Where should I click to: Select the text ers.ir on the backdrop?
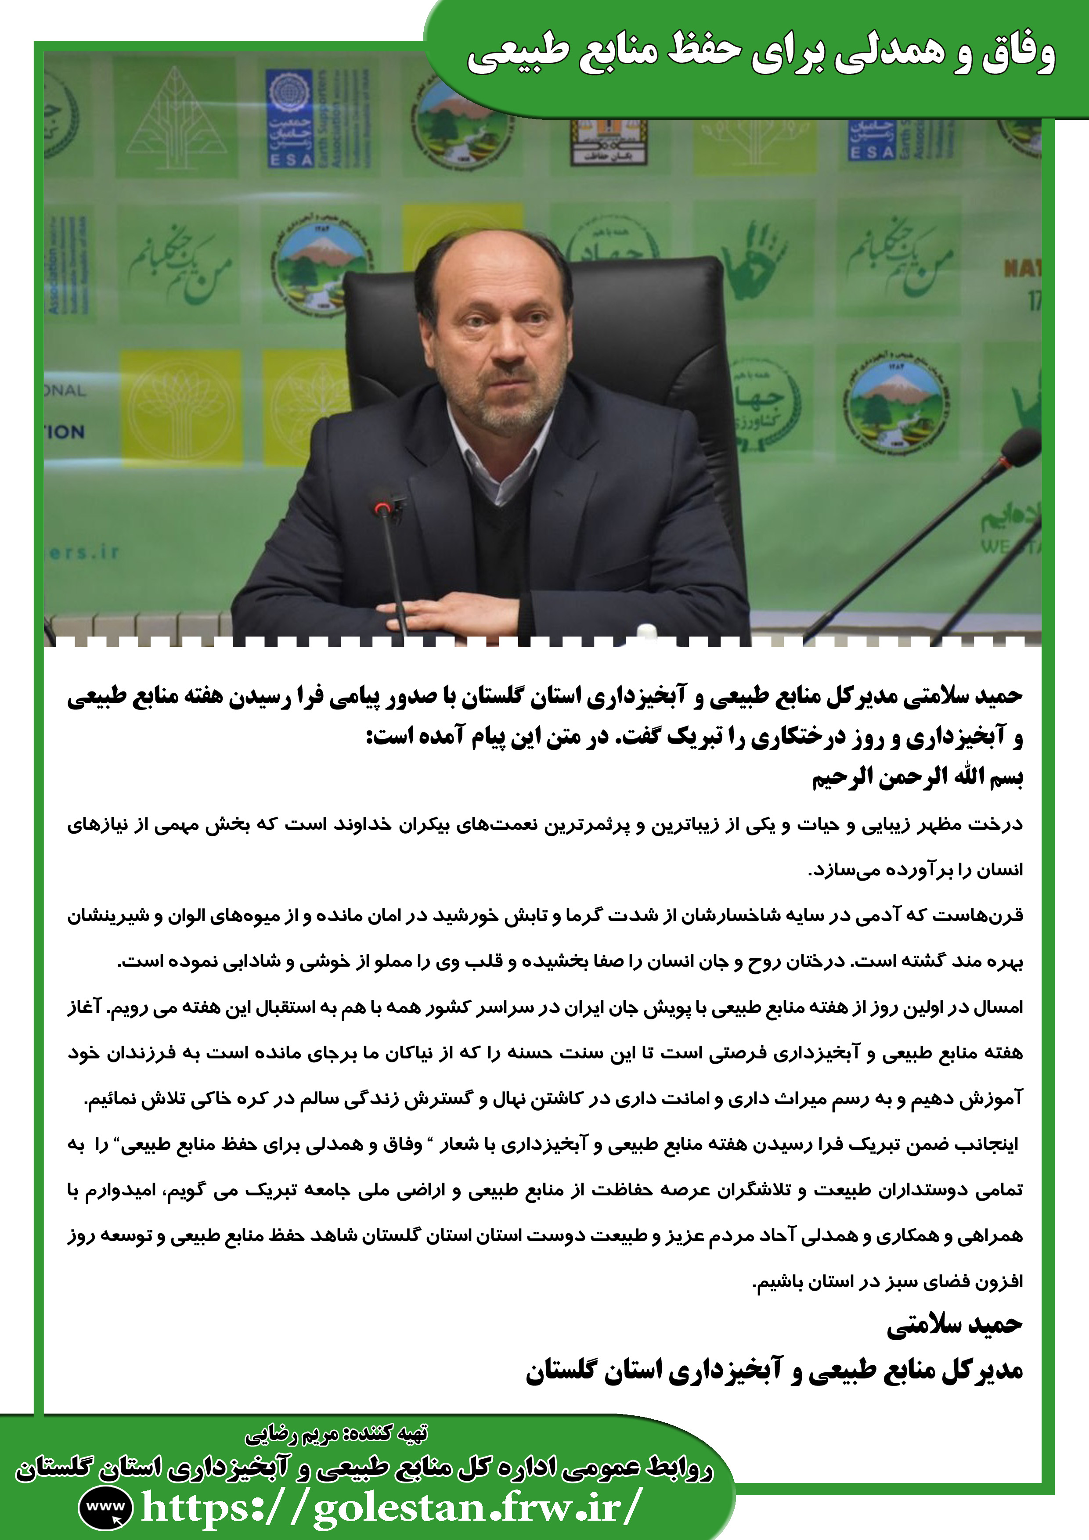pyautogui.click(x=84, y=552)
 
